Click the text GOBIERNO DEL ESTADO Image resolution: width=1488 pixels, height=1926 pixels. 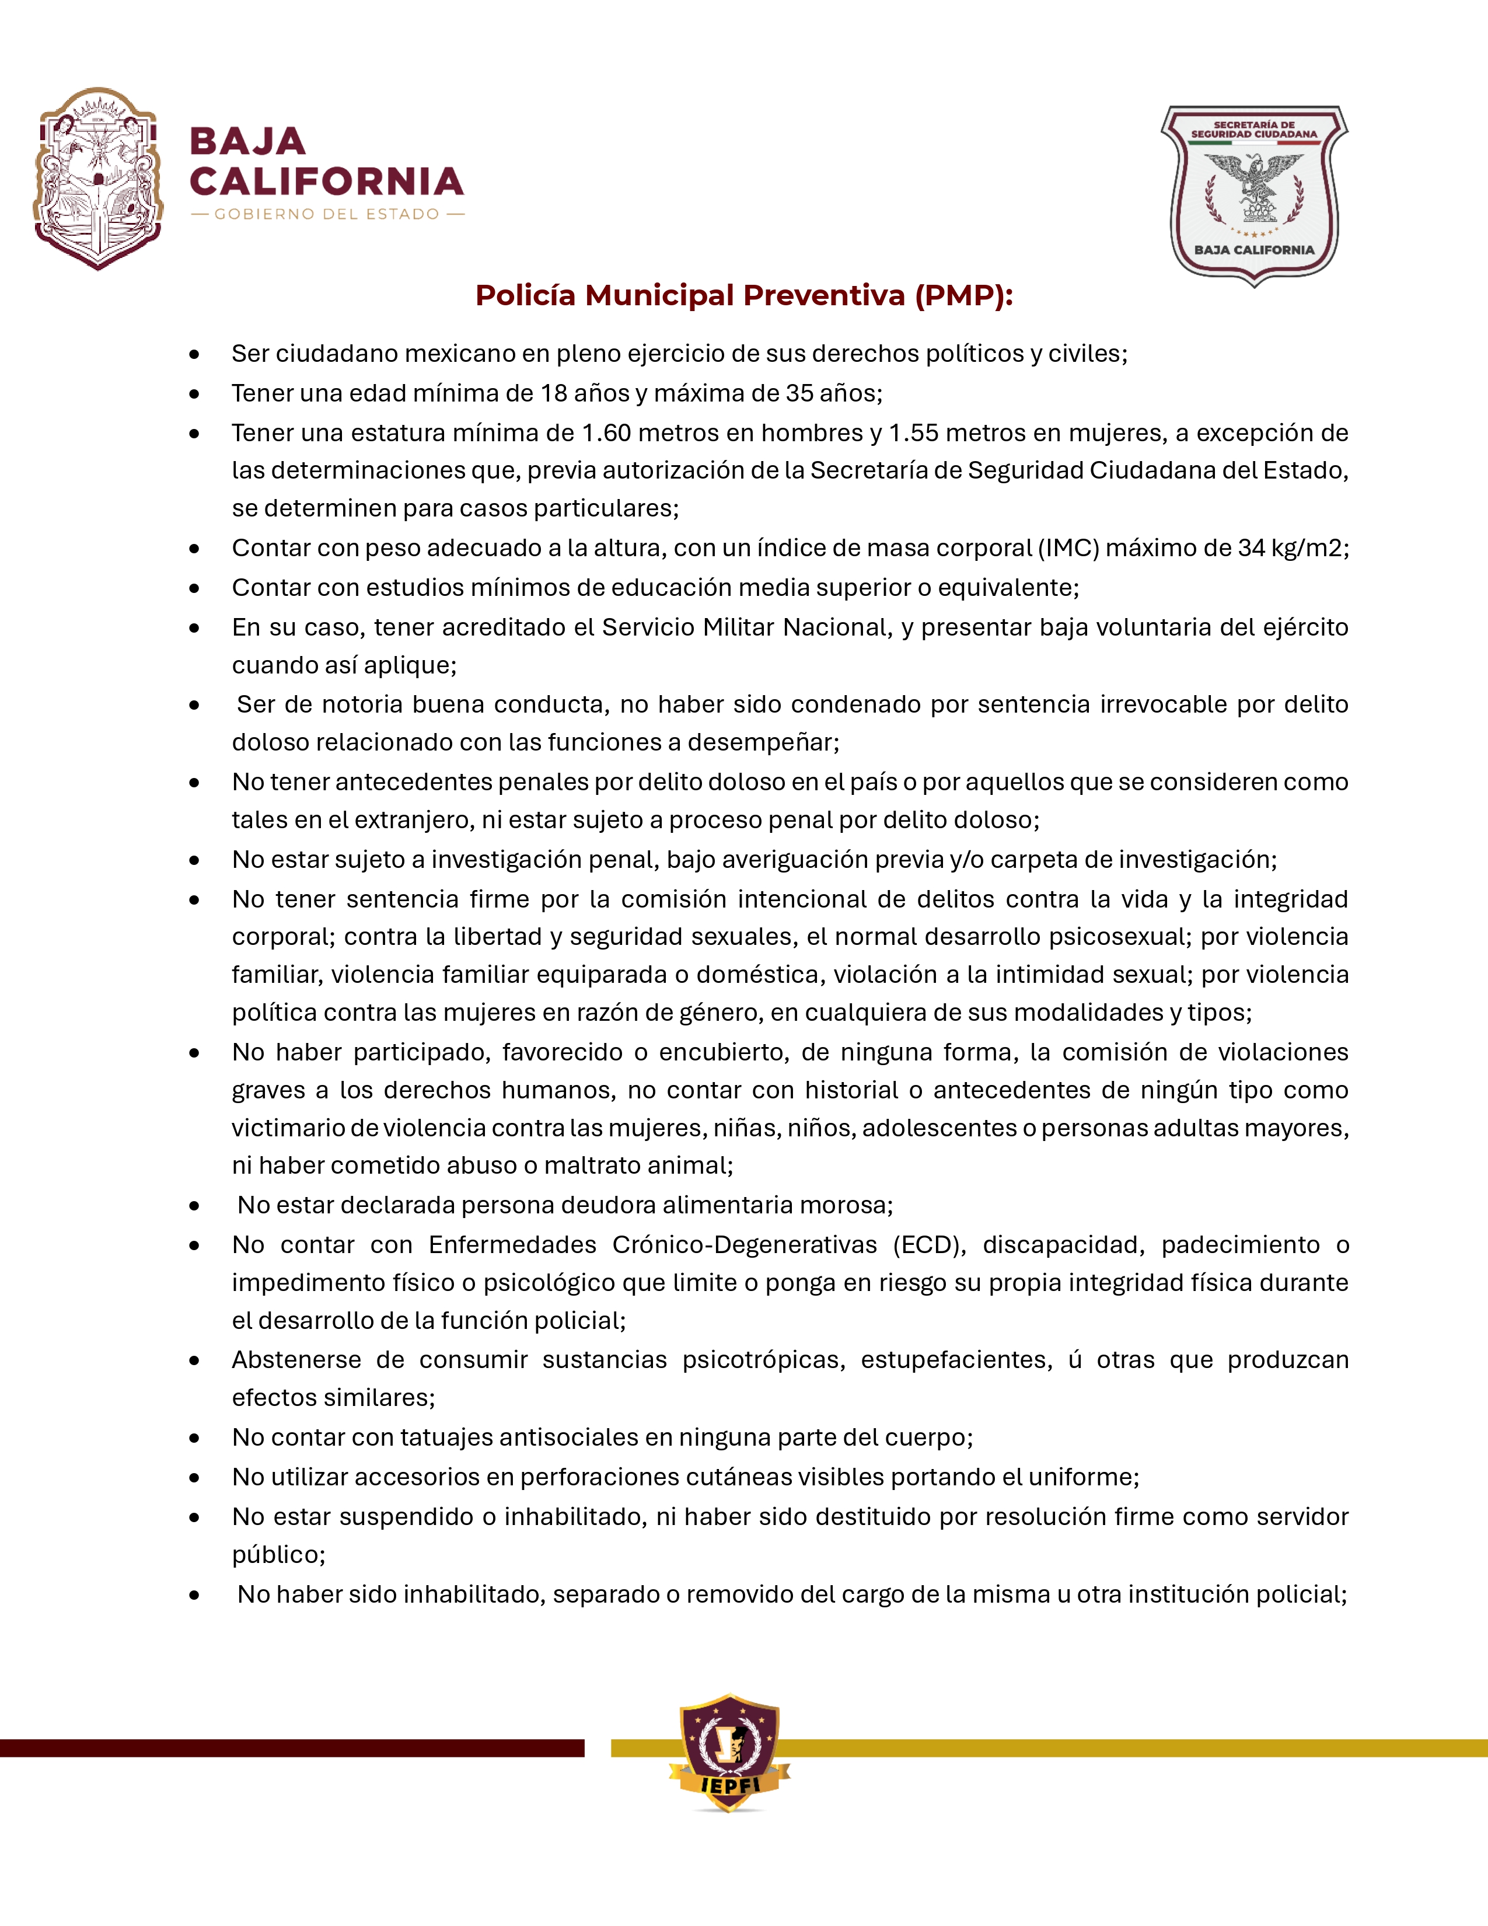(x=327, y=214)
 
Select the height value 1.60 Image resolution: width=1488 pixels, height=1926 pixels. (x=606, y=433)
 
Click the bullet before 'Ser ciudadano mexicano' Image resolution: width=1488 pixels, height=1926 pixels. (x=194, y=354)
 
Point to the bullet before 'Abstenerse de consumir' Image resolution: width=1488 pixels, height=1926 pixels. (x=194, y=1360)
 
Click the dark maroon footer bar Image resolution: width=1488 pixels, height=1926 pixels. (x=291, y=1748)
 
